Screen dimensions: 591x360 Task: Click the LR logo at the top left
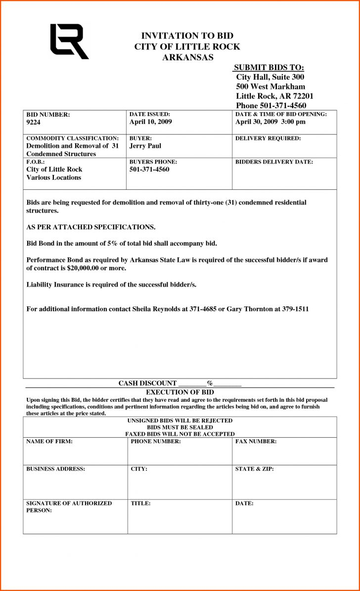tap(69, 42)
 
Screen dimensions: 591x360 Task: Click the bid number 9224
tap(34, 122)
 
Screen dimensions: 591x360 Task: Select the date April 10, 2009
tap(150, 122)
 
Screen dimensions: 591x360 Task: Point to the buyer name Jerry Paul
tap(145, 146)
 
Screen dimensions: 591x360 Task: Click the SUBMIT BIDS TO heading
tap(269, 68)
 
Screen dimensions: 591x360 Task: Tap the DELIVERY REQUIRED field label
tap(268, 138)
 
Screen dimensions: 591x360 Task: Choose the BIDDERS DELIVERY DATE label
tap(274, 162)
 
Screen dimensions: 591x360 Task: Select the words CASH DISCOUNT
tap(147, 383)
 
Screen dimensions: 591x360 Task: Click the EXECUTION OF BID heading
tap(180, 392)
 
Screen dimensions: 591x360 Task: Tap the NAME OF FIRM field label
tap(49, 441)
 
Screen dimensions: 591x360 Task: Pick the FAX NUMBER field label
tap(256, 441)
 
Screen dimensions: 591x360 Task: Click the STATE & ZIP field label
tap(254, 469)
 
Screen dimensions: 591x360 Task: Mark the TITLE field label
tap(140, 504)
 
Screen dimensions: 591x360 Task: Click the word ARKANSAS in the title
tap(187, 57)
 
